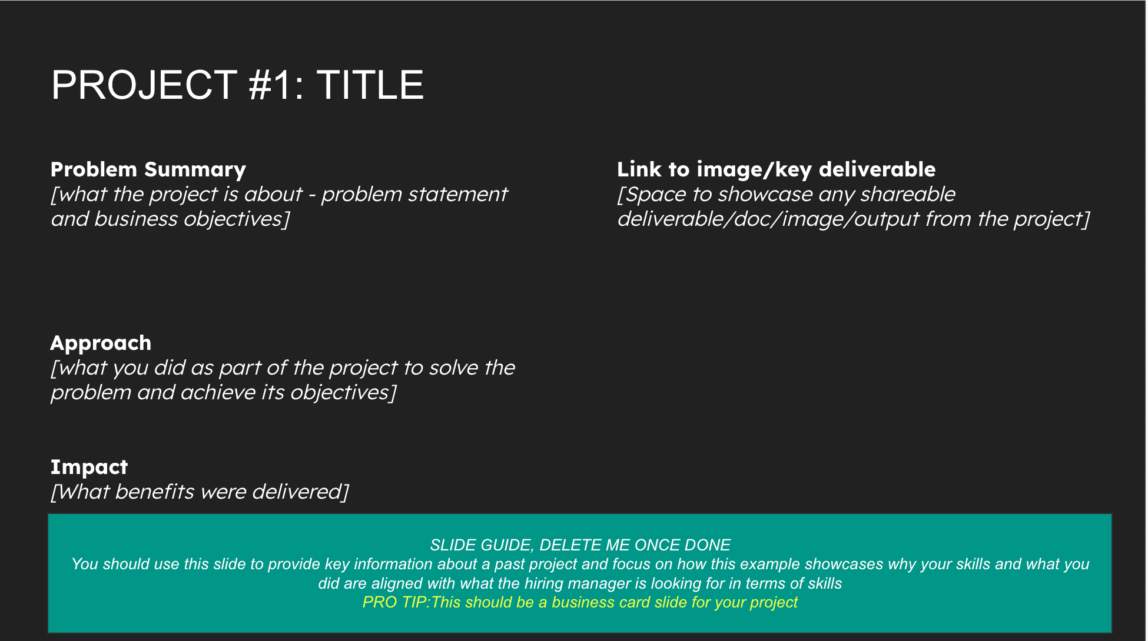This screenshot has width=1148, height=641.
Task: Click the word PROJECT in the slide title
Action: coord(144,85)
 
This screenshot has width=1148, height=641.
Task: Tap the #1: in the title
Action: coord(277,85)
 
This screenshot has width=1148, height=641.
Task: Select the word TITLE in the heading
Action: coord(370,85)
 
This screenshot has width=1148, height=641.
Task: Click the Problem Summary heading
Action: coord(148,170)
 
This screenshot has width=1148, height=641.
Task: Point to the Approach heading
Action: coord(101,343)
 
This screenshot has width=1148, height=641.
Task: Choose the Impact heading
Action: coord(89,467)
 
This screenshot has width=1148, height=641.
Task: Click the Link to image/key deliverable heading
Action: coord(776,170)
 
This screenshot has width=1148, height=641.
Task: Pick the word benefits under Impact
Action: coord(154,492)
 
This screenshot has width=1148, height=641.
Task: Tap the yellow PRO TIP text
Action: coord(580,602)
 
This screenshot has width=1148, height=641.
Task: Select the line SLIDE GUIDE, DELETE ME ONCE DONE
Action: coord(580,545)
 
